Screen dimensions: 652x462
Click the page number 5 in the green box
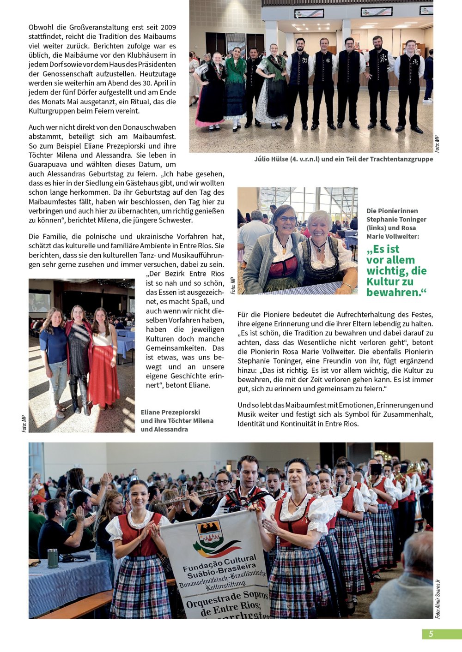431,634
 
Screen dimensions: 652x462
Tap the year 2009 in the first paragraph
167,28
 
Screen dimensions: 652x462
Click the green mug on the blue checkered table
53,558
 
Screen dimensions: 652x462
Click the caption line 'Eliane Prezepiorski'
170,412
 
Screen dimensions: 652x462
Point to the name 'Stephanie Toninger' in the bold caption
396,219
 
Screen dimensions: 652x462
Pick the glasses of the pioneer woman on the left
287,218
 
